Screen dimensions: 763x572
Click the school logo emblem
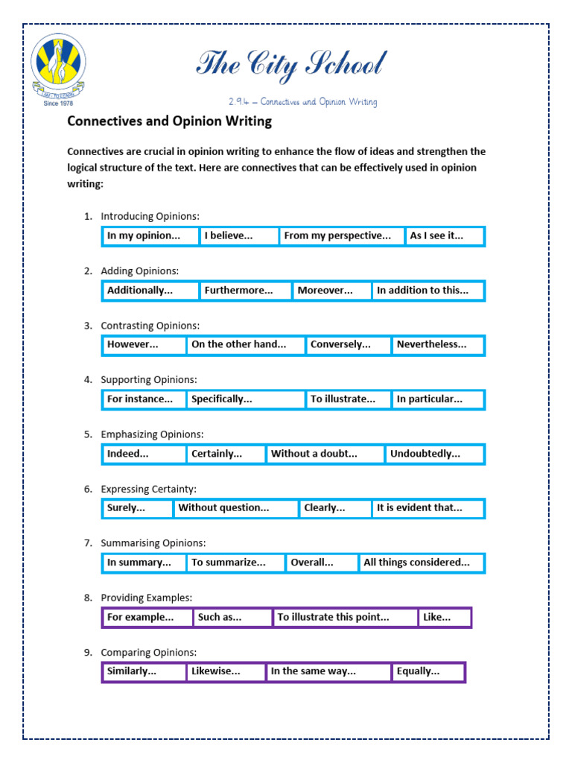pyautogui.click(x=58, y=65)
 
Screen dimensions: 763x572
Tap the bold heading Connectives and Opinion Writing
pyautogui.click(x=170, y=121)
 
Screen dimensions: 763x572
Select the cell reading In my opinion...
pyautogui.click(x=150, y=236)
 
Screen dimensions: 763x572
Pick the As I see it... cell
pyautogui.click(x=445, y=236)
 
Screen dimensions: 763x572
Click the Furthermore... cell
pyautogui.click(x=245, y=291)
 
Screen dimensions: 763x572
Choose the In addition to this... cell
pyautogui.click(x=428, y=291)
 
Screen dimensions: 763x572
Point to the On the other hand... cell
pyautogui.click(x=245, y=345)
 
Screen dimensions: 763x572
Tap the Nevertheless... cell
pyautogui.click(x=438, y=345)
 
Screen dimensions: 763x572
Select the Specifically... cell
pyautogui.click(x=245, y=399)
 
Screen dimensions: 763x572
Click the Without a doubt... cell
pyautogui.click(x=325, y=454)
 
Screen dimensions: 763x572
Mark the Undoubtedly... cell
pyautogui.click(x=434, y=454)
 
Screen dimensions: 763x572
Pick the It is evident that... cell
pyautogui.click(x=428, y=508)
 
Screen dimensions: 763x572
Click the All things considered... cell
pyautogui.click(x=421, y=563)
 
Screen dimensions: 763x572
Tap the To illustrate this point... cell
pyautogui.click(x=344, y=618)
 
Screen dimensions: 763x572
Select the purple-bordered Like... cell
pyautogui.click(x=445, y=618)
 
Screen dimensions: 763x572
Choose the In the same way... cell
pyautogui.click(x=328, y=672)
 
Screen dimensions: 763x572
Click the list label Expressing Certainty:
pyautogui.click(x=148, y=489)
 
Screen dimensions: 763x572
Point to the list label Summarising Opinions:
pyautogui.click(x=153, y=543)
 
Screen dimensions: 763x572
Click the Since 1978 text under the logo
pyautogui.click(x=58, y=104)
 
